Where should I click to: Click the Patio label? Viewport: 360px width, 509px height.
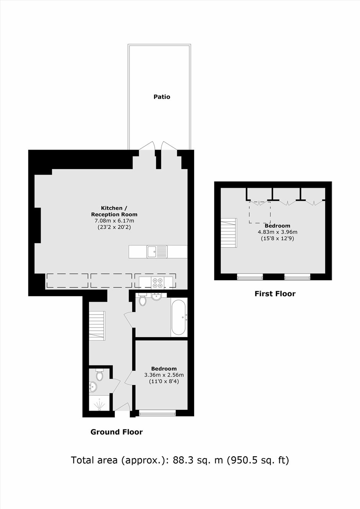tap(162, 97)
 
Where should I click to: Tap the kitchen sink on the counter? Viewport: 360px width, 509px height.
tap(157, 251)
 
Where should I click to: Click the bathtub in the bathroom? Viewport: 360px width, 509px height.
tap(179, 317)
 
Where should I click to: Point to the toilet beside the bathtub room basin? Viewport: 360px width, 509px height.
tap(142, 300)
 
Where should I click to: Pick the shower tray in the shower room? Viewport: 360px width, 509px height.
tap(99, 402)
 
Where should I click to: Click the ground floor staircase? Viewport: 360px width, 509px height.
tap(97, 326)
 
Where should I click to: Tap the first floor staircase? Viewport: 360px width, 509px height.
tap(229, 233)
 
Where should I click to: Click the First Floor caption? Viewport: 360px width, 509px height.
tap(275, 294)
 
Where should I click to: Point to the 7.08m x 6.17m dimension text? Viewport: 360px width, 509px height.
tap(114, 221)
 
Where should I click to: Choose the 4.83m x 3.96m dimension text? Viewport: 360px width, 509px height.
tap(277, 232)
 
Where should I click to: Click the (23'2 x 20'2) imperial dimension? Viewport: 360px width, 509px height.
tap(114, 227)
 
